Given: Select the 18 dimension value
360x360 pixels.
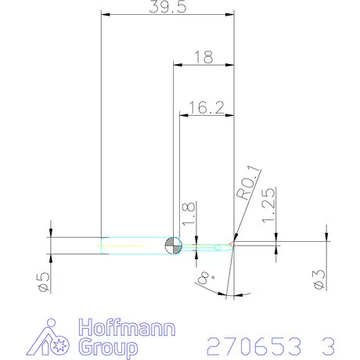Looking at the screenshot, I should pos(203,57).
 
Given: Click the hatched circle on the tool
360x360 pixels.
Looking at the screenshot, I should pos(173,246).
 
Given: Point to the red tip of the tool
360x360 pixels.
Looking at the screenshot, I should pos(232,246).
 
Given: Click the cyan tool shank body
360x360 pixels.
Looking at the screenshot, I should pos(133,246).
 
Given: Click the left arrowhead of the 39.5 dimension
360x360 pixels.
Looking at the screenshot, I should pos(105,14).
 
